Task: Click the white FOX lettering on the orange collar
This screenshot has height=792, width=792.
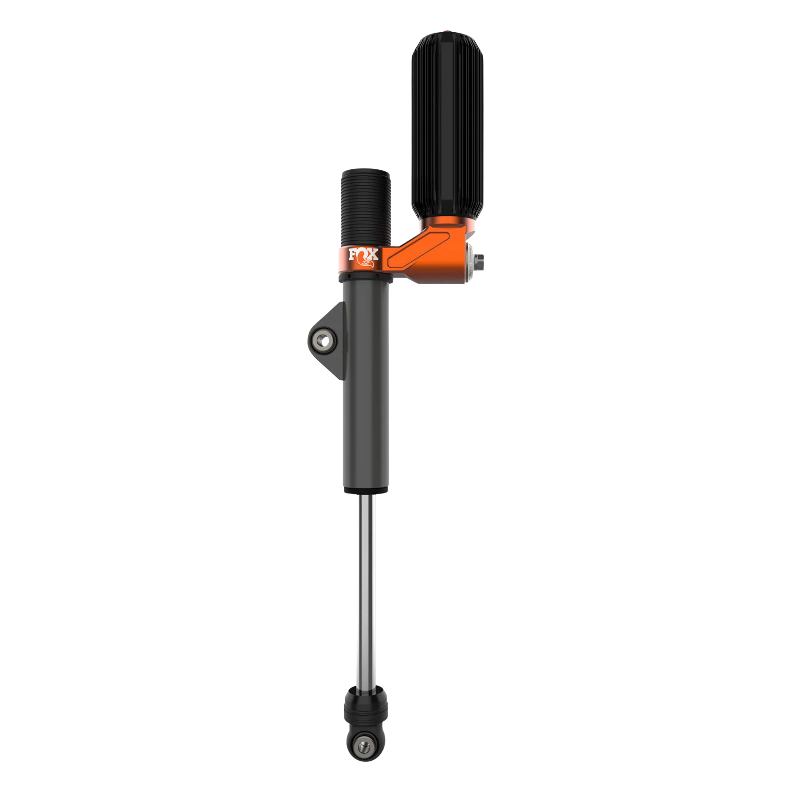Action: pyautogui.click(x=363, y=255)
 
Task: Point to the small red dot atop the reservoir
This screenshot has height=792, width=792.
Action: pyautogui.click(x=448, y=32)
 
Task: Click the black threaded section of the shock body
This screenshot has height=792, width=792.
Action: pyautogui.click(x=366, y=208)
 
